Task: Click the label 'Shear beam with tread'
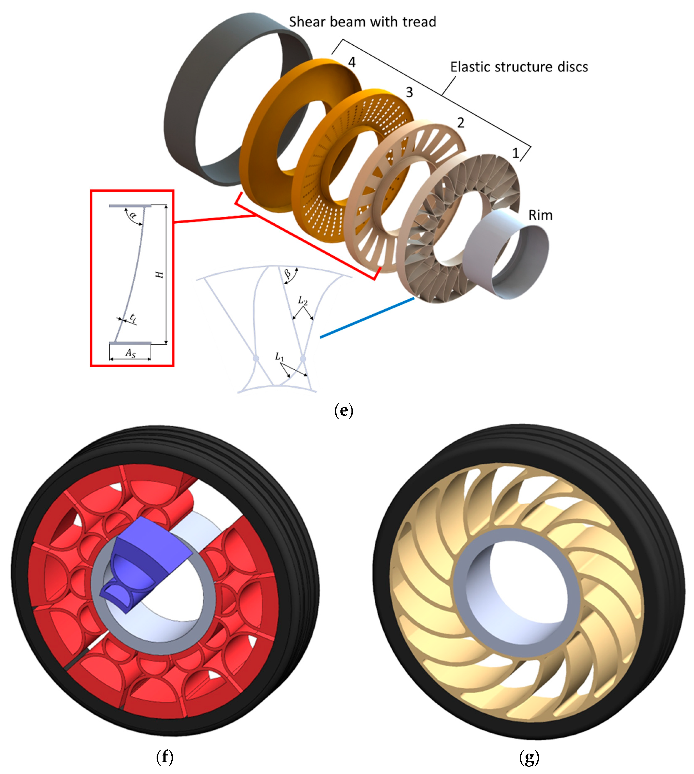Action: (x=362, y=22)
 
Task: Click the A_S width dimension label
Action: (x=130, y=353)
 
